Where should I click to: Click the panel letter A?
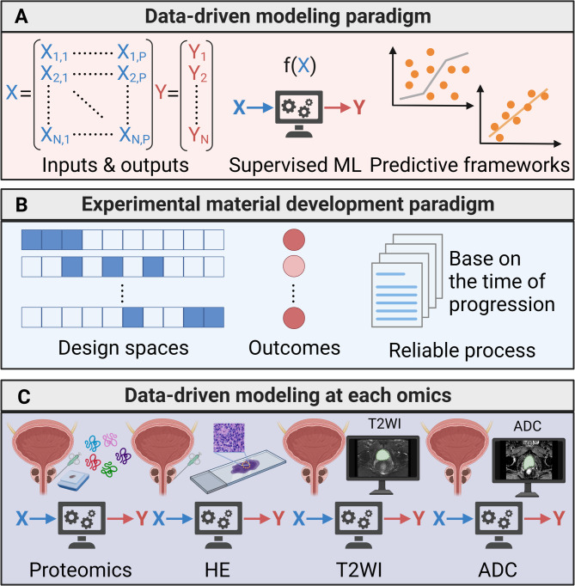click(20, 15)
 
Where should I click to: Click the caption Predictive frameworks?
click(469, 164)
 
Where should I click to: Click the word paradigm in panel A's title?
click(376, 15)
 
